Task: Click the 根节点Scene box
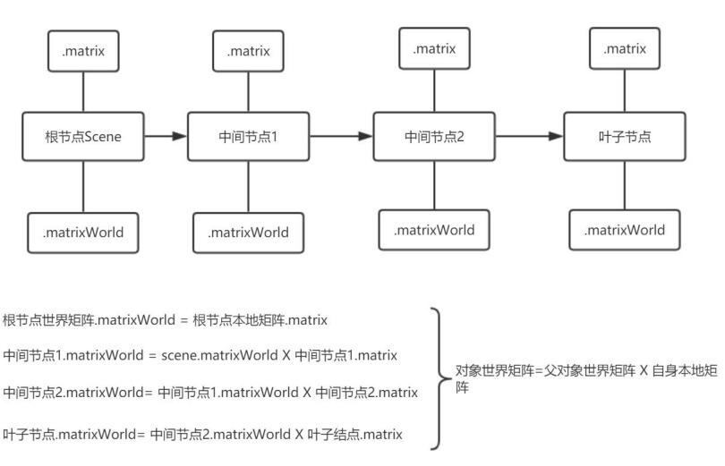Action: (83, 136)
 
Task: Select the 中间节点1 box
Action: (248, 136)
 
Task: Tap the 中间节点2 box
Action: (434, 136)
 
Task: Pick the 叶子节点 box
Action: (625, 136)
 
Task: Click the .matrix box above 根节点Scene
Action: (83, 51)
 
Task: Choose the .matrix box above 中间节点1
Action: (248, 51)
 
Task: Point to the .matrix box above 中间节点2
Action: (435, 48)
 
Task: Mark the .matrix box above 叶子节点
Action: (625, 48)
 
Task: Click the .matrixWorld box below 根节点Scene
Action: (83, 233)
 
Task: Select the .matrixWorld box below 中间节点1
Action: (248, 233)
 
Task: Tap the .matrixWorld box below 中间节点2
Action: (434, 230)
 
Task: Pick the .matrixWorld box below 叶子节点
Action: (625, 230)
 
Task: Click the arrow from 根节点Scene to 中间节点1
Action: (166, 136)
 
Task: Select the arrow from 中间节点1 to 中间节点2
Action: (341, 136)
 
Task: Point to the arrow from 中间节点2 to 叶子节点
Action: (529, 136)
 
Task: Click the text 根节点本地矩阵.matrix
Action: (260, 320)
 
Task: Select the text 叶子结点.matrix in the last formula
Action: (355, 434)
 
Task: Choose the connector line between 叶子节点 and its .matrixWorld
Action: (625, 186)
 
